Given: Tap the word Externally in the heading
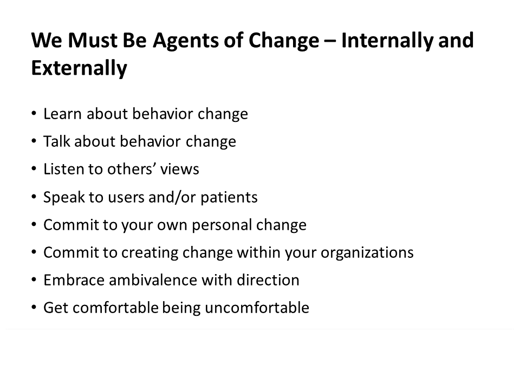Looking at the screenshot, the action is tap(79, 69).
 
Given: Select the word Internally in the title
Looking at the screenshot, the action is tap(387, 41).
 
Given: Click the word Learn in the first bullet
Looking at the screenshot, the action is tap(62, 114).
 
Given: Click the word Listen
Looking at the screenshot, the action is tap(63, 169).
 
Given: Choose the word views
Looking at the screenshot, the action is tap(180, 170).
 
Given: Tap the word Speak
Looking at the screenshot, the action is tap(64, 198).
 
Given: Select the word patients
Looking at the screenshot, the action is tap(229, 198).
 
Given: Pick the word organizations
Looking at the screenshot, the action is tap(367, 253).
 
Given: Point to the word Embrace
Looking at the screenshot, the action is tap(74, 280).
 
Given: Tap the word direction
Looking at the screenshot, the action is tap(268, 280).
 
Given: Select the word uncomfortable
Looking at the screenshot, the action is tap(257, 308).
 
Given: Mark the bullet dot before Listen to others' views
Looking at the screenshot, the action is tap(34, 169).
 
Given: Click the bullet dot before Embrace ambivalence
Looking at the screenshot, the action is tap(34, 279).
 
